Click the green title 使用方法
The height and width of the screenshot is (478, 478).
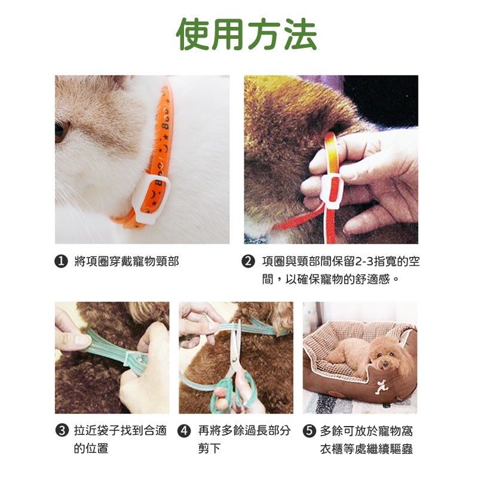click(246, 34)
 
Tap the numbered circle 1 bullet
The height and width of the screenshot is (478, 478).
click(61, 261)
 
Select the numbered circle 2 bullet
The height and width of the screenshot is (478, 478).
click(248, 261)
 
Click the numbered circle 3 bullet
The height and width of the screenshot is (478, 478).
click(62, 430)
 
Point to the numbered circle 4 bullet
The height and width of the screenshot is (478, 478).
click(184, 431)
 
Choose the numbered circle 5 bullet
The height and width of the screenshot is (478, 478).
click(309, 431)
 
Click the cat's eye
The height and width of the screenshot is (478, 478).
click(61, 131)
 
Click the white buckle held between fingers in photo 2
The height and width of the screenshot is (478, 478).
click(333, 191)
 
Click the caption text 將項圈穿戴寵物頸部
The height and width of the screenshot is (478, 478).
click(127, 261)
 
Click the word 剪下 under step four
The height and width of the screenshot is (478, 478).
click(210, 448)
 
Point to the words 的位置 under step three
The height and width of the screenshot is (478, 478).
click(91, 448)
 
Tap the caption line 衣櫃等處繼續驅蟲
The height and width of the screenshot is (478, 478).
click(366, 449)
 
